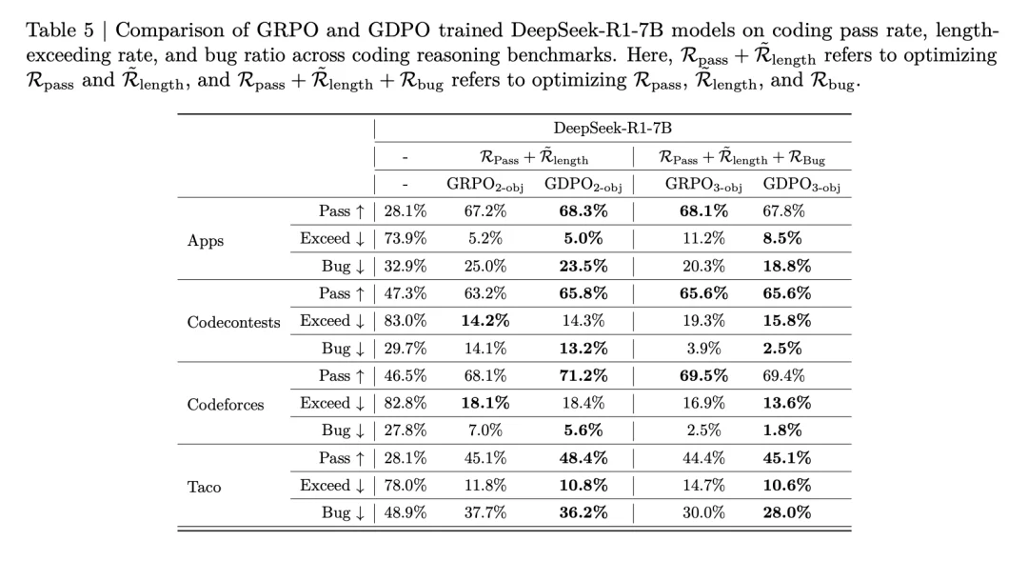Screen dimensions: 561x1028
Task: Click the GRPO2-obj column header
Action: pos(484,184)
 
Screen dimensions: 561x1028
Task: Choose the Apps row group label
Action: pos(206,240)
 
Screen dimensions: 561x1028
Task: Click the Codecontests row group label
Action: pos(234,322)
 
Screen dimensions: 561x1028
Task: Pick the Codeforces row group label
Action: pos(226,404)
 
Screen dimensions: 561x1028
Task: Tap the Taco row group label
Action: pos(204,487)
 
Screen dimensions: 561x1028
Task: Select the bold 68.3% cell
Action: pos(576,211)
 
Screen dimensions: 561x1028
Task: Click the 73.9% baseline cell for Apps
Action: pos(405,239)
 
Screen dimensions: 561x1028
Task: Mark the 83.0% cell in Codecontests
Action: pos(405,321)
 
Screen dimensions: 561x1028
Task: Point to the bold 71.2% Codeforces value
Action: pos(576,376)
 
